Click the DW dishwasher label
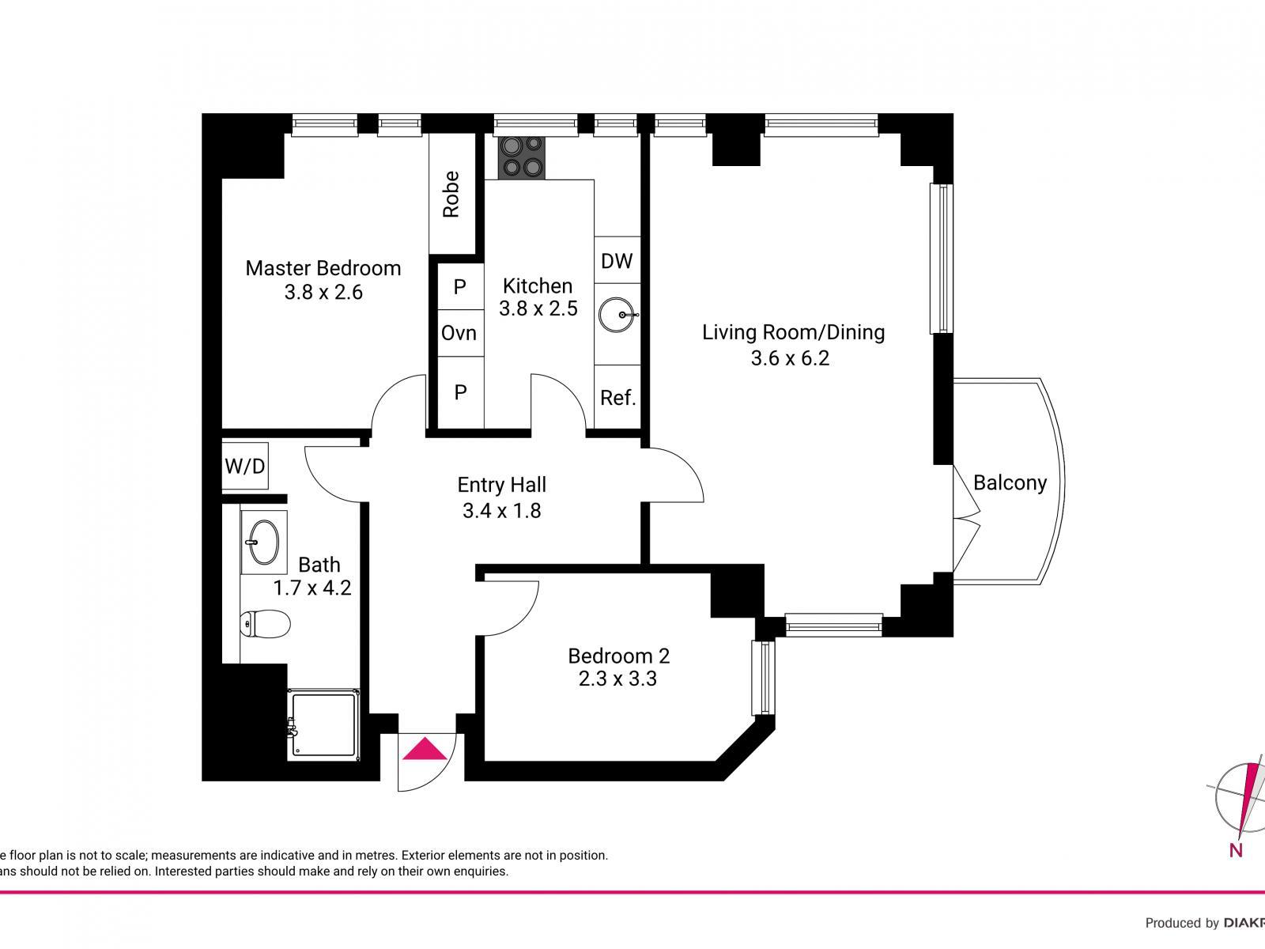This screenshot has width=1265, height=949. tap(617, 261)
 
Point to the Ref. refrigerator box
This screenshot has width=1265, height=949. tap(617, 397)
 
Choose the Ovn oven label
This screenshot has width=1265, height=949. tap(459, 333)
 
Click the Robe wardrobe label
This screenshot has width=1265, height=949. tap(451, 194)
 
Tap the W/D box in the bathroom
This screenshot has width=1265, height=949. tap(245, 467)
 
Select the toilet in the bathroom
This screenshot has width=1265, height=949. tap(265, 624)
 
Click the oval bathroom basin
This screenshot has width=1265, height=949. tap(263, 543)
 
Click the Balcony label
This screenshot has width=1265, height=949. tap(1010, 482)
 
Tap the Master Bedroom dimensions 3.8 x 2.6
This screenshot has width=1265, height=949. tap(323, 293)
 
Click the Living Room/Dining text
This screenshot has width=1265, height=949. tap(793, 332)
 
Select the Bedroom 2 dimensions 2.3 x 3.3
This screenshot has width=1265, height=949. tap(617, 679)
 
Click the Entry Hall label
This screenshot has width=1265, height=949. tap(502, 485)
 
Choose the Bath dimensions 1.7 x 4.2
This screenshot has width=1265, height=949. tap(312, 588)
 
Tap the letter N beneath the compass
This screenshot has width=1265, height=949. tap(1236, 850)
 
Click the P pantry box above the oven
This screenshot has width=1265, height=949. tap(459, 286)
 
